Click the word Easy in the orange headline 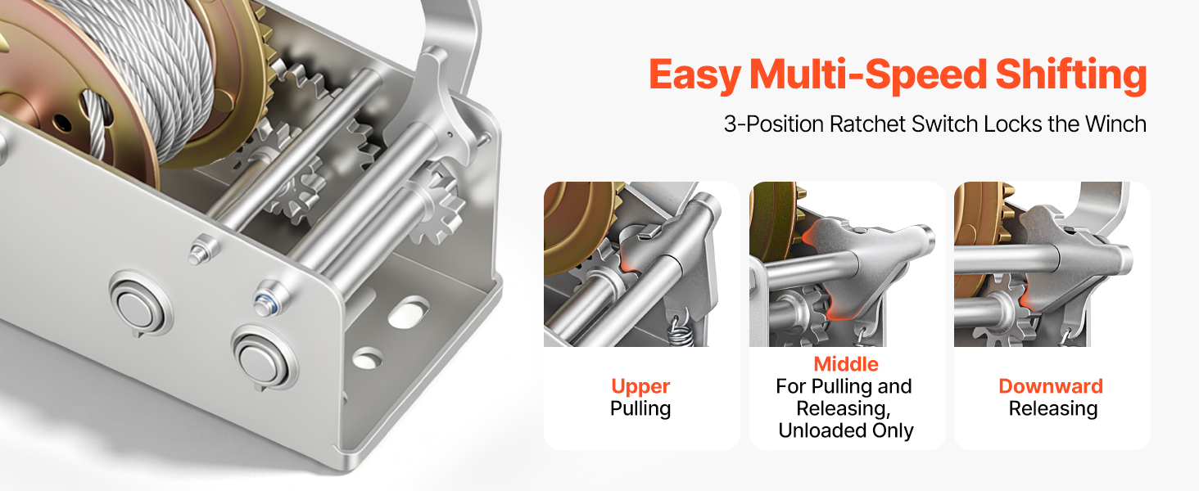(x=695, y=75)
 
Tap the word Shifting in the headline (x=1070, y=75)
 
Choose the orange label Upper (x=640, y=387)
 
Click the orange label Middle (x=846, y=363)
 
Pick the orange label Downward (x=1051, y=386)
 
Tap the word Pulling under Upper (x=640, y=409)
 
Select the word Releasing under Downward (x=1053, y=409)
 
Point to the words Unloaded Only (x=846, y=430)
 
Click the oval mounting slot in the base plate (x=408, y=313)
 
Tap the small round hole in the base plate (x=367, y=358)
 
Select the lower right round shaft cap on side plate (x=262, y=359)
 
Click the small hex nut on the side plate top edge (x=202, y=250)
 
